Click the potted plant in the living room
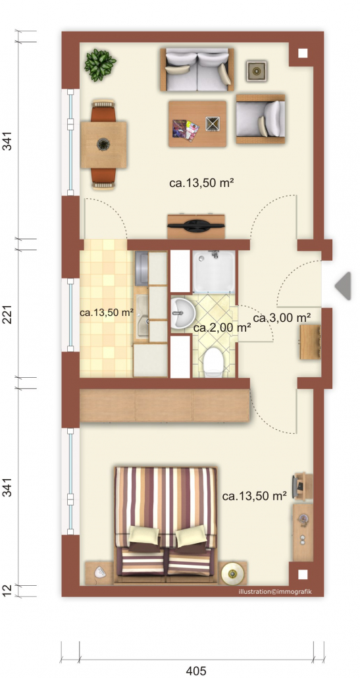100,65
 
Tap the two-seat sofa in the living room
197,69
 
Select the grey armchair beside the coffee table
261,119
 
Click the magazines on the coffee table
186,130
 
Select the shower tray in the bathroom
214,272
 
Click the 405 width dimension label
195,671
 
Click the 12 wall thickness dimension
7,590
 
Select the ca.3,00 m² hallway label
282,318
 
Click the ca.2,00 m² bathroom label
222,328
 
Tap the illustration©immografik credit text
275,592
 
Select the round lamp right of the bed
233,573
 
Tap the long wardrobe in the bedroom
165,405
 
